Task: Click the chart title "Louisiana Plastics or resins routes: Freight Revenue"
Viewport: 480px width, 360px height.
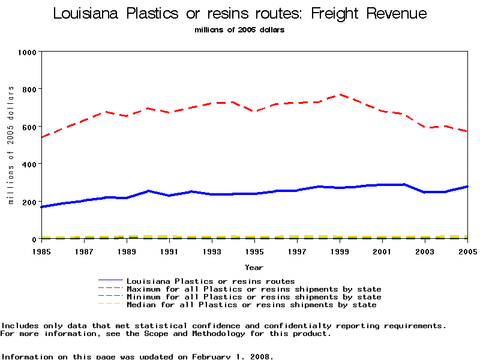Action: (240, 13)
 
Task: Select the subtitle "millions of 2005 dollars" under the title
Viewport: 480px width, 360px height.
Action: (239, 30)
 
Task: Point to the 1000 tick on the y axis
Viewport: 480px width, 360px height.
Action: (28, 52)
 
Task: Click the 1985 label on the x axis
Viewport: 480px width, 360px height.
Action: (41, 251)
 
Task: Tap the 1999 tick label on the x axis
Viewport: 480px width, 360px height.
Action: (340, 251)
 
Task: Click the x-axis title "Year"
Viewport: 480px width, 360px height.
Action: (254, 267)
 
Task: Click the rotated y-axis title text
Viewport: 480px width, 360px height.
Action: (11, 145)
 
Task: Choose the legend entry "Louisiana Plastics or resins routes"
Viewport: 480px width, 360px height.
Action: (211, 281)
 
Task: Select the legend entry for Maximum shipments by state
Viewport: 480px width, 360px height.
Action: (254, 289)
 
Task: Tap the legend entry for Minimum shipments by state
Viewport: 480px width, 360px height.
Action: (254, 297)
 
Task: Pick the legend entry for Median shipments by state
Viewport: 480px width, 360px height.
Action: (251, 305)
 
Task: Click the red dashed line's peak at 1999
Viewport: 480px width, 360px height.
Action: (340, 94)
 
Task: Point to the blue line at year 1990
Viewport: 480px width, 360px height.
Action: (148, 191)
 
